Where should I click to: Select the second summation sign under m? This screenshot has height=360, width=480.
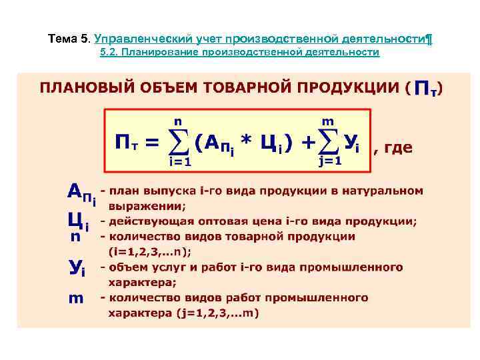(x=329, y=141)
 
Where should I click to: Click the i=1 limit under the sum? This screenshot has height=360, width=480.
(x=180, y=161)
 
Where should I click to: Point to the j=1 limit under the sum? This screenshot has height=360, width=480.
(x=330, y=161)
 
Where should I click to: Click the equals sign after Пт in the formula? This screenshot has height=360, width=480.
(x=151, y=143)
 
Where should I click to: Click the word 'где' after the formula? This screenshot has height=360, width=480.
(x=398, y=149)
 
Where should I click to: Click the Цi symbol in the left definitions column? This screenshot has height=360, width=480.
(x=79, y=220)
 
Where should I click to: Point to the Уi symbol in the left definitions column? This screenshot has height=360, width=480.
(x=77, y=269)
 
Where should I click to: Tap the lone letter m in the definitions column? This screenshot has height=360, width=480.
(x=76, y=298)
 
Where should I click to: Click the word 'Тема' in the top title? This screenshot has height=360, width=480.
(x=63, y=39)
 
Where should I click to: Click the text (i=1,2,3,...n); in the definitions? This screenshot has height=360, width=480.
(x=150, y=251)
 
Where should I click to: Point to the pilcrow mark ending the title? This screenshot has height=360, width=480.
(x=429, y=39)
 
